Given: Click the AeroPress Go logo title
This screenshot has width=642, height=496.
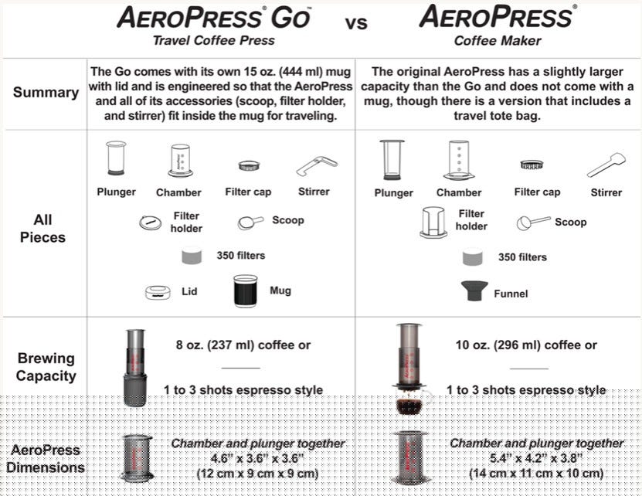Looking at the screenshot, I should click(214, 17).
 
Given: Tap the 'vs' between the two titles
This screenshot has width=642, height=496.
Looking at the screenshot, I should click(356, 23).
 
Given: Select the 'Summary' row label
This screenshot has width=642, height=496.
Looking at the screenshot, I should click(46, 93).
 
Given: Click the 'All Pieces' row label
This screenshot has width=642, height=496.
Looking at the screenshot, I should click(43, 228).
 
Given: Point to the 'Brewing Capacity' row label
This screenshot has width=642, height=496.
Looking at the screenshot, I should click(46, 367).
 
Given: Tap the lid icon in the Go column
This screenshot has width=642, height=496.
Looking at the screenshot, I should click(158, 292).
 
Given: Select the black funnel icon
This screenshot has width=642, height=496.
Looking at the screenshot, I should click(474, 291).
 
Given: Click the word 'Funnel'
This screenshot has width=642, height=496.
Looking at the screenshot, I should click(511, 294).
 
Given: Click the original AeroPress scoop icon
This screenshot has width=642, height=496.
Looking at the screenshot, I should click(533, 223).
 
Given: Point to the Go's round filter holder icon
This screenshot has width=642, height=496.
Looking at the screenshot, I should click(151, 223).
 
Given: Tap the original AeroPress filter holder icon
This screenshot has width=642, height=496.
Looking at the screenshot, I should click(433, 222).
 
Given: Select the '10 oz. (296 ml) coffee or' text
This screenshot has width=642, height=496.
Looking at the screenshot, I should click(527, 345).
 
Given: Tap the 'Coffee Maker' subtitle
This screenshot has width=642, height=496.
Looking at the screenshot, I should click(498, 40).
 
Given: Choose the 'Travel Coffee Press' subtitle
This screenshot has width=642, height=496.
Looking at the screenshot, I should click(213, 40).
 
